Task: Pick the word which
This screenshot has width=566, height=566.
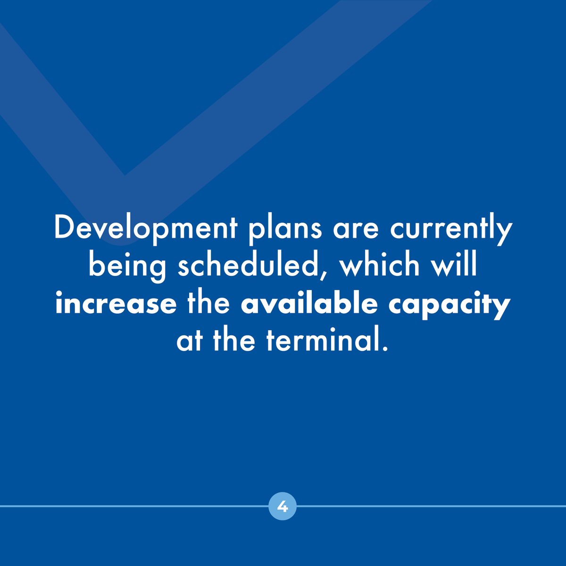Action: (x=380, y=266)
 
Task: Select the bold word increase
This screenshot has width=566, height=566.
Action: (x=116, y=303)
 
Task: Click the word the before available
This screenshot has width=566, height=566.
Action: (x=208, y=303)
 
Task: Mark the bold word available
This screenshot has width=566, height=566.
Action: (x=309, y=303)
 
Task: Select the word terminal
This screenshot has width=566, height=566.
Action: (x=322, y=341)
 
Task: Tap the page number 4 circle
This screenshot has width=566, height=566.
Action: (x=283, y=507)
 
